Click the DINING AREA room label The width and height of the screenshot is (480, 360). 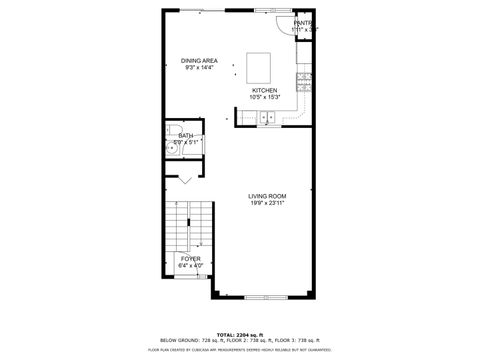[200, 61]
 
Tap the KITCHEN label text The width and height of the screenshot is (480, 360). [264, 90]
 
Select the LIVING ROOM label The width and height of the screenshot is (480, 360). [268, 196]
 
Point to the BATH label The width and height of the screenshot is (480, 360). [186, 135]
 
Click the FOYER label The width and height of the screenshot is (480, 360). [190, 259]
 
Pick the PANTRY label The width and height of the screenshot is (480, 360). [303, 23]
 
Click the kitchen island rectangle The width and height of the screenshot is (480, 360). [260, 68]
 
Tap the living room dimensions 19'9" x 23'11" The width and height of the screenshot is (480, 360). [268, 204]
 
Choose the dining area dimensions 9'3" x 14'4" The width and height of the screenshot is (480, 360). [200, 68]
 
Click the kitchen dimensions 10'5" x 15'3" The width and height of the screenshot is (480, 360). [264, 97]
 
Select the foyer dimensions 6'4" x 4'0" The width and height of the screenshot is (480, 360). [190, 266]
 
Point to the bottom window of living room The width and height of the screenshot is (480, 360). [262, 298]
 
